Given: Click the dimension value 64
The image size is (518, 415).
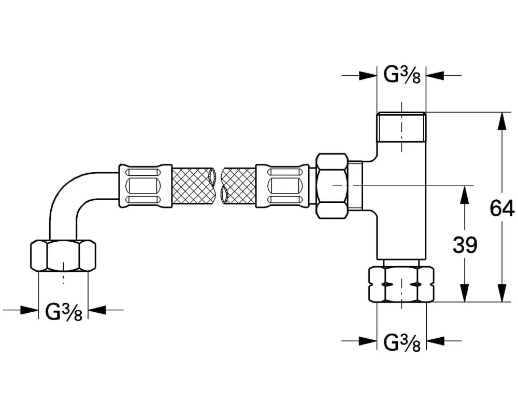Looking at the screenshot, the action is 502,208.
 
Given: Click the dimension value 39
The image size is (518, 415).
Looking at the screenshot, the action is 465,245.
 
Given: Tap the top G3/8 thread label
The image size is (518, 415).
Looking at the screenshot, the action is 402,75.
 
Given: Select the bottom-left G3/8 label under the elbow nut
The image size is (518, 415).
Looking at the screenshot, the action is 63,312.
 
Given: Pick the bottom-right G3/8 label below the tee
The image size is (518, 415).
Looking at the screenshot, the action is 402,342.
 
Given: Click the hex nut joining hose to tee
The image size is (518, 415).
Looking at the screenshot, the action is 333,186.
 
